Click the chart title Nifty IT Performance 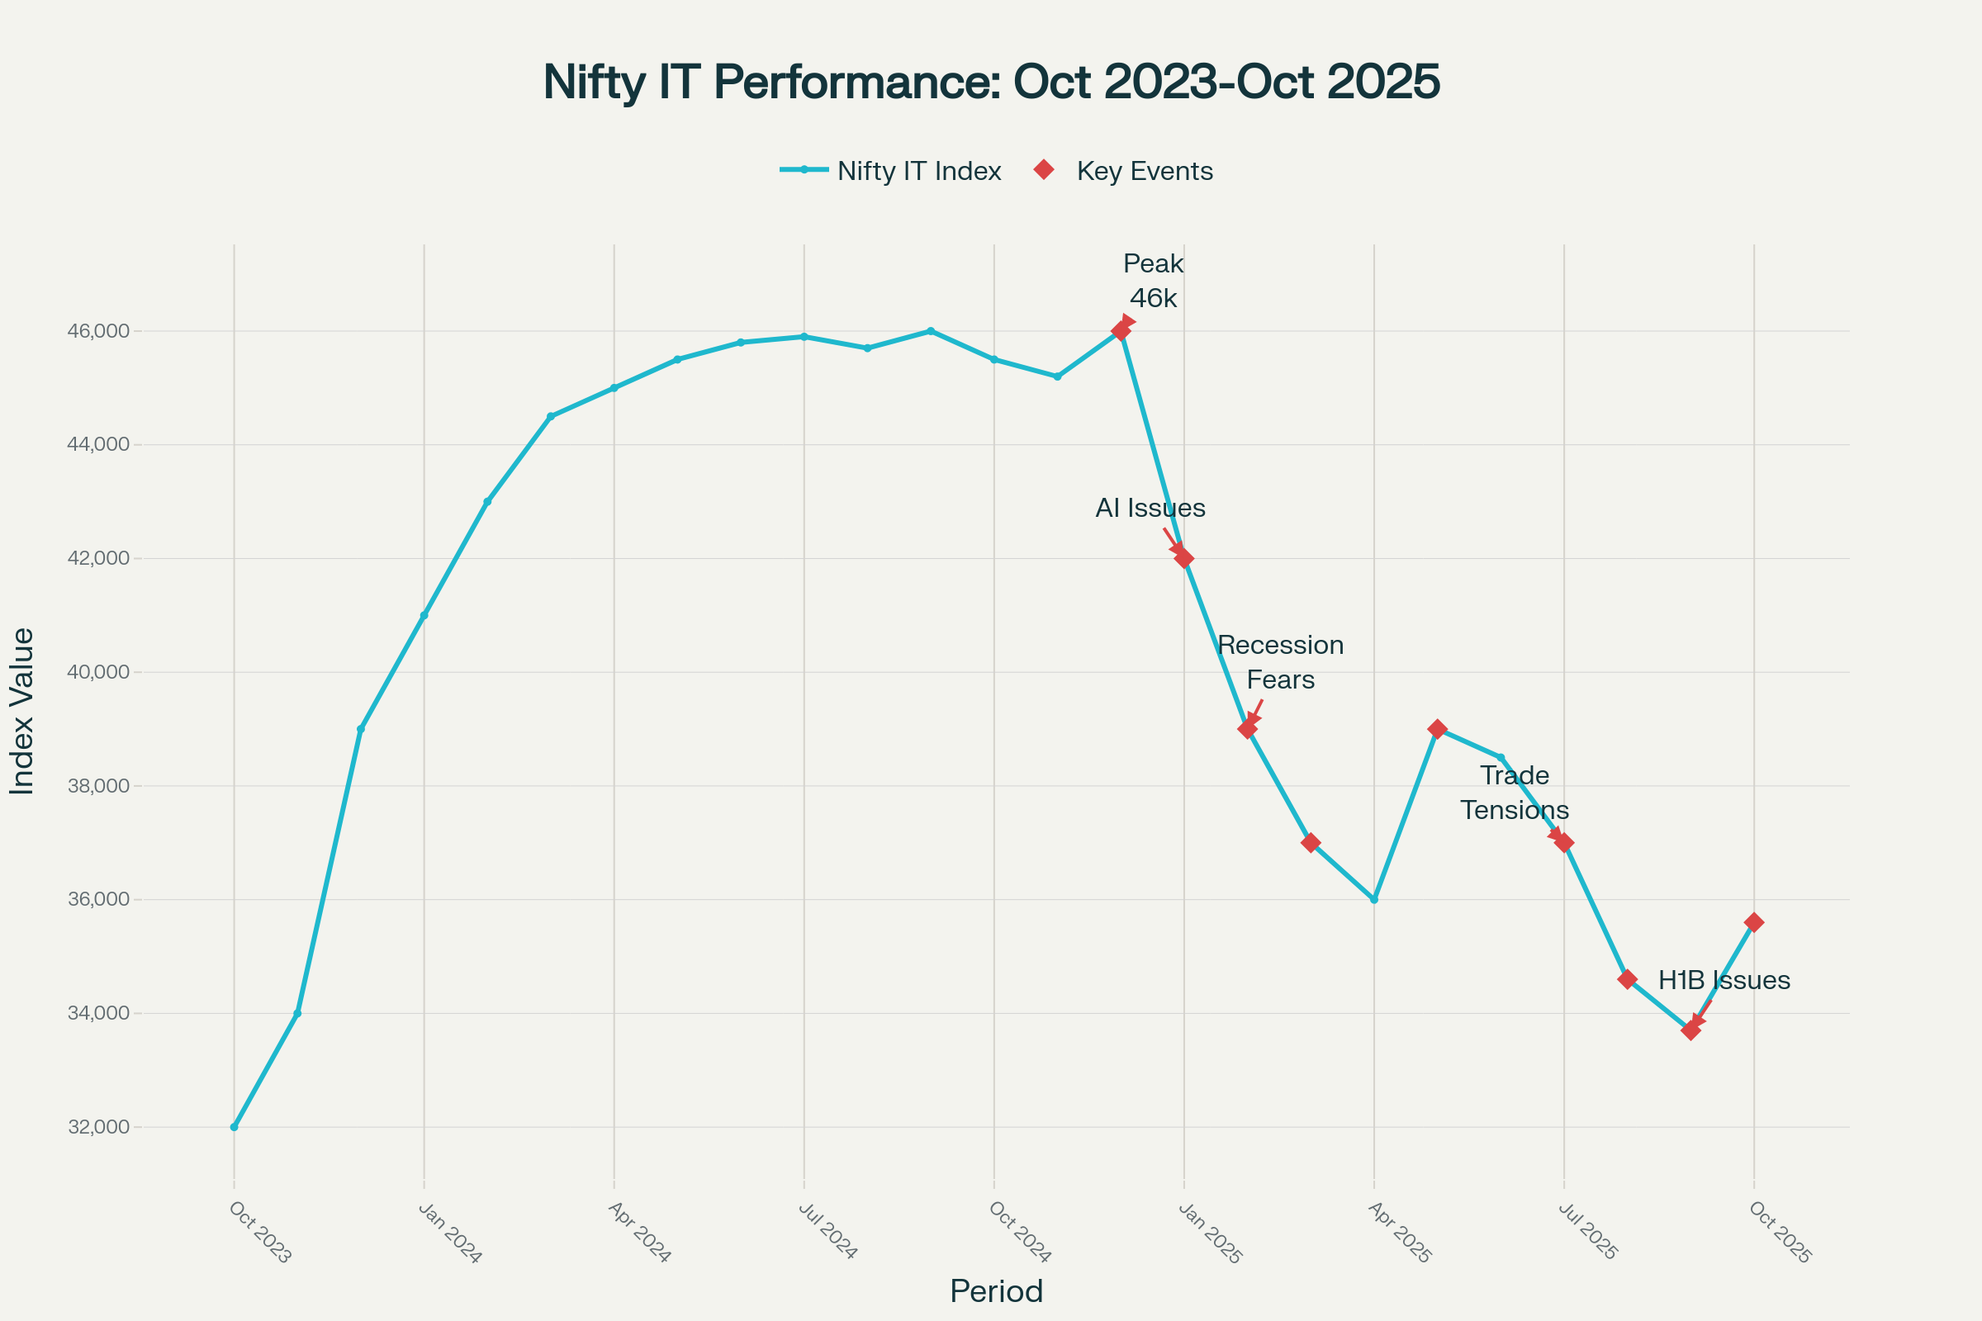pyautogui.click(x=991, y=82)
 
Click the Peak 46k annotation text pyautogui.click(x=1153, y=281)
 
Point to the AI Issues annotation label pyautogui.click(x=1150, y=508)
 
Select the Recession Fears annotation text pyautogui.click(x=1280, y=662)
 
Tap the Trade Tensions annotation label pyautogui.click(x=1515, y=793)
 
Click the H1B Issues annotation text pyautogui.click(x=1724, y=981)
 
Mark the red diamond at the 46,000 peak pyautogui.click(x=1121, y=331)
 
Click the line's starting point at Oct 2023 pyautogui.click(x=235, y=1127)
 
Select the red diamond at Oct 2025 pyautogui.click(x=1753, y=922)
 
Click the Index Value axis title pyautogui.click(x=22, y=711)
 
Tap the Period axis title pyautogui.click(x=996, y=1291)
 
